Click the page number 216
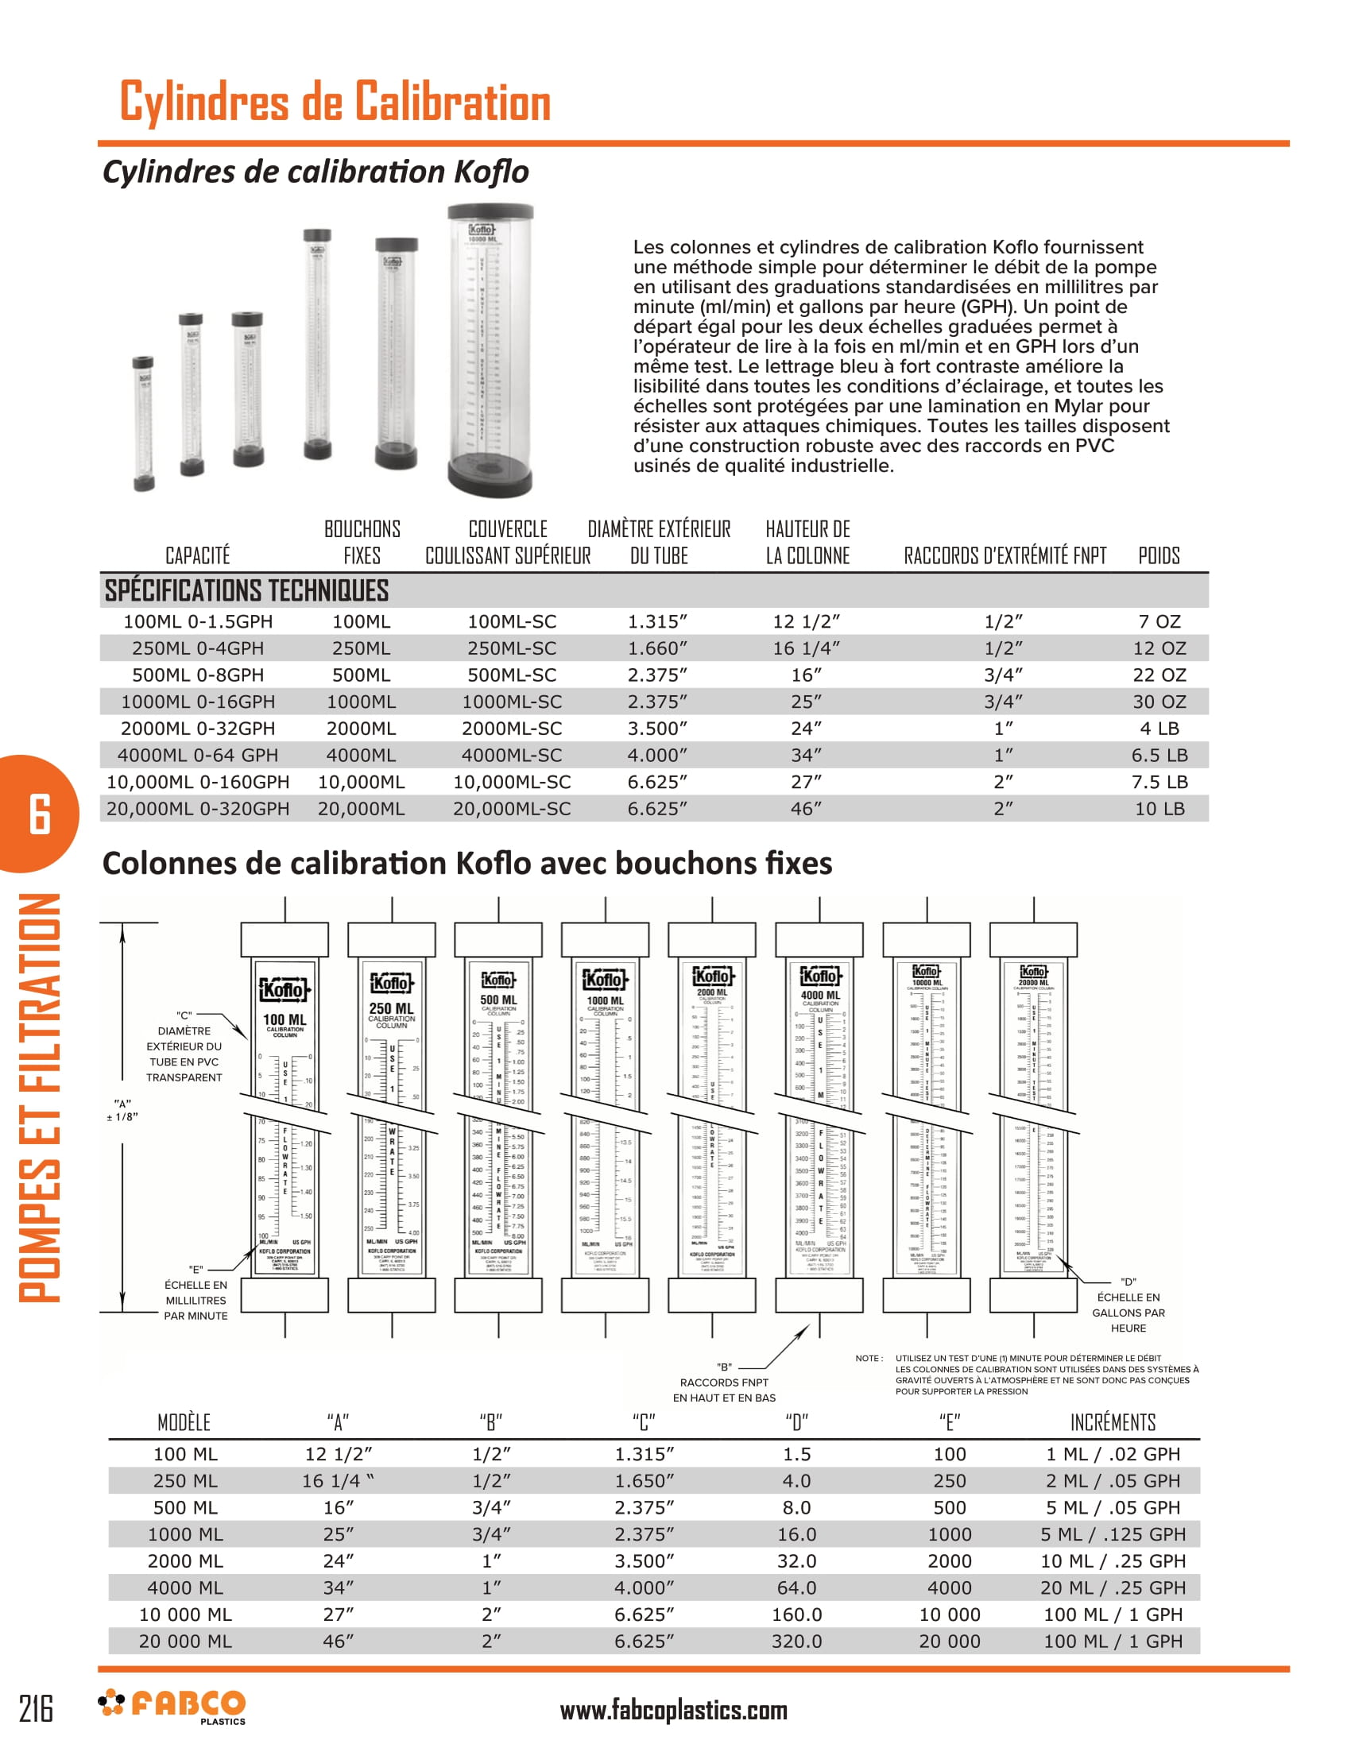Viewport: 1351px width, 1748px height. click(x=36, y=1708)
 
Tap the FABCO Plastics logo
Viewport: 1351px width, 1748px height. click(x=172, y=1707)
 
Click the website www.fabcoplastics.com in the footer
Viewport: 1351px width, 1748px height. click(x=673, y=1711)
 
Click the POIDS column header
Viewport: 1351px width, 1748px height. click(x=1158, y=555)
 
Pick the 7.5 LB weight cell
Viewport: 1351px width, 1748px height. click(x=1159, y=782)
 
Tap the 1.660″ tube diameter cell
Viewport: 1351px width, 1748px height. click(x=657, y=648)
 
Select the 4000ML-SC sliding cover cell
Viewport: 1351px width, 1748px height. click(x=512, y=755)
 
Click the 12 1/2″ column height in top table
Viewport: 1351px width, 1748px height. click(x=806, y=622)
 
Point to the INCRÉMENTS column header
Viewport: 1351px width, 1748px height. click(x=1113, y=1422)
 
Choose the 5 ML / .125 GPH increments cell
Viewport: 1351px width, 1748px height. click(x=1113, y=1534)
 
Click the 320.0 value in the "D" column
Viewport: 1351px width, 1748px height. click(x=796, y=1642)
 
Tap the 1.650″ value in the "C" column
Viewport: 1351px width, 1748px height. click(x=645, y=1481)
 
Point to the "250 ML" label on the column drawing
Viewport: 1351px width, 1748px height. click(x=391, y=1008)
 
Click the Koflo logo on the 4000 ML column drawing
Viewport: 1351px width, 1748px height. click(x=820, y=976)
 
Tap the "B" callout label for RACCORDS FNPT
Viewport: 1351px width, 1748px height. click(x=724, y=1367)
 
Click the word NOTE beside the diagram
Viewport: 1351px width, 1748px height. click(x=869, y=1358)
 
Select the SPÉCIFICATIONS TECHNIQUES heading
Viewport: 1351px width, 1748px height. click(x=246, y=590)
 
